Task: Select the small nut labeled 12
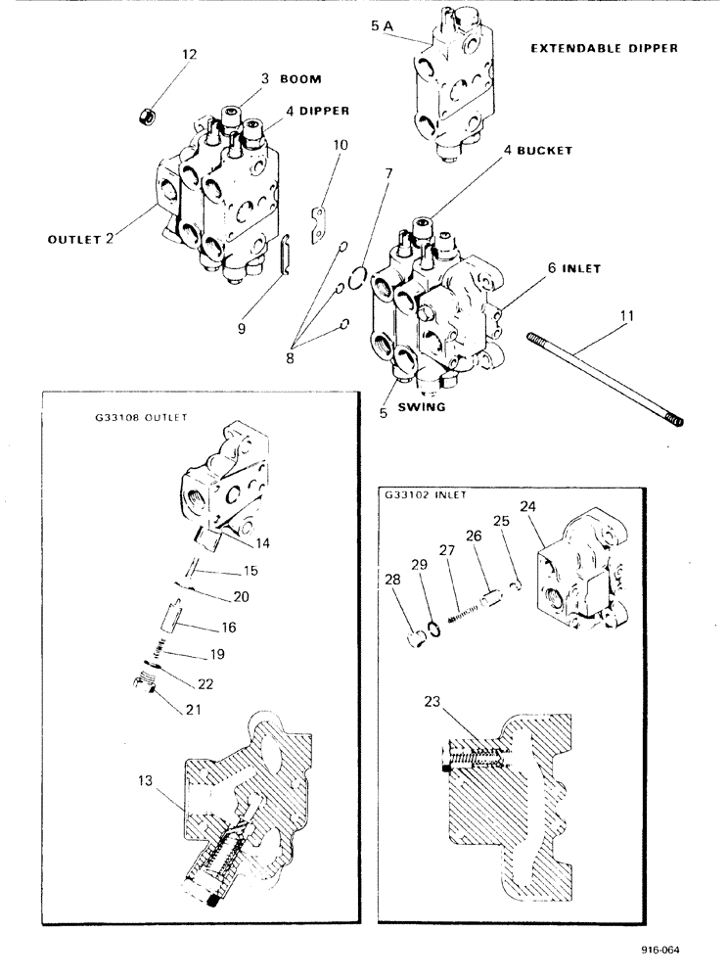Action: point(148,116)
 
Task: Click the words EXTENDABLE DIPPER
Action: point(605,47)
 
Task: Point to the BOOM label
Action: point(303,79)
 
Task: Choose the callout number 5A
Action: point(383,28)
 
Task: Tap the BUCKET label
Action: point(538,151)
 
